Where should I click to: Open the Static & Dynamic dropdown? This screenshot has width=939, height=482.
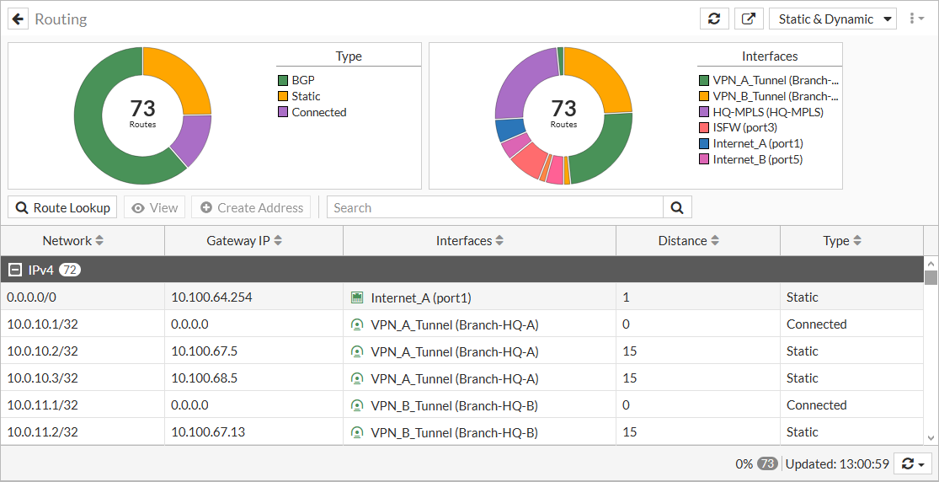832,19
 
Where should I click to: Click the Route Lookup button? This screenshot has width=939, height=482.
62,207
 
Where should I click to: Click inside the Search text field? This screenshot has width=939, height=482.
495,207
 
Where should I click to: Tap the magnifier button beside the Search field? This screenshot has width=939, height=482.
677,207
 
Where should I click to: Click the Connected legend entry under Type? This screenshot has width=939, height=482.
318,112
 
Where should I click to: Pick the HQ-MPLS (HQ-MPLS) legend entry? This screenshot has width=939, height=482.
767,112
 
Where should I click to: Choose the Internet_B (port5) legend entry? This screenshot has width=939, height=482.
757,159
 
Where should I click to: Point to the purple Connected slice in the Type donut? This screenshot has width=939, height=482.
195,139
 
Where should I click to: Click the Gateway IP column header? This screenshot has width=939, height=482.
244,241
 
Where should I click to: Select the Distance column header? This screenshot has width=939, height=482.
689,241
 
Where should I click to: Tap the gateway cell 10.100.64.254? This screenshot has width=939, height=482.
211,297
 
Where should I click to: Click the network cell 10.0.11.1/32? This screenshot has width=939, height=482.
42,404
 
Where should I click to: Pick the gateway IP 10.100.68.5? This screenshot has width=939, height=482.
205,378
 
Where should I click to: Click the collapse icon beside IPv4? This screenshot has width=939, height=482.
14,270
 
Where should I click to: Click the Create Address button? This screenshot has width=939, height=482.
251,207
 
